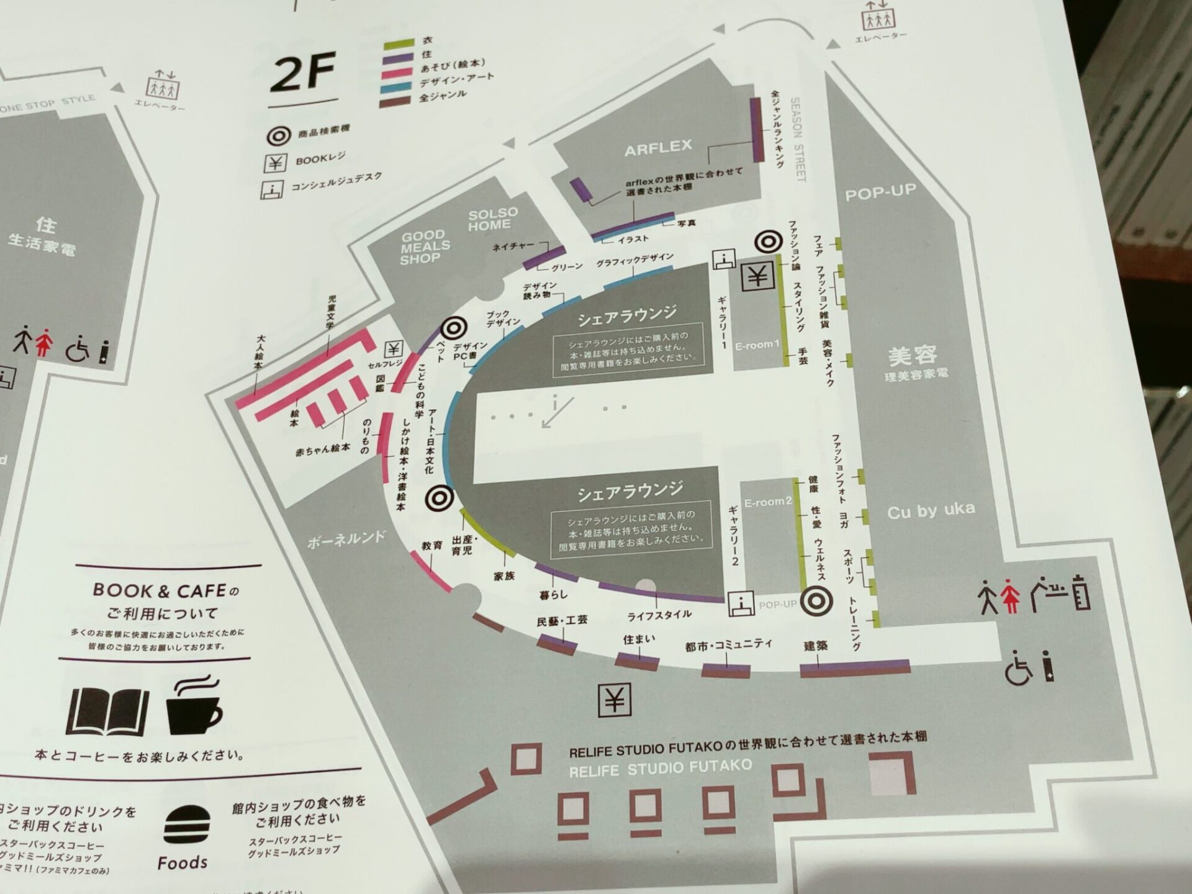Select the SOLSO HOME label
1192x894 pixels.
tap(492, 219)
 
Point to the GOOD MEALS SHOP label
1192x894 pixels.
tap(425, 247)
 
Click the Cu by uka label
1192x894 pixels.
tap(931, 510)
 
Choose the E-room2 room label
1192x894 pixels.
tap(768, 502)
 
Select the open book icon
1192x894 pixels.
tap(107, 711)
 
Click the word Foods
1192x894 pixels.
tap(182, 863)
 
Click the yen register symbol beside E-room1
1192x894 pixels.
tap(757, 276)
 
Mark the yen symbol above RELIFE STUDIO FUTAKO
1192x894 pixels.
tap(614, 700)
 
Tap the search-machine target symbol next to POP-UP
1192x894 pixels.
tap(817, 600)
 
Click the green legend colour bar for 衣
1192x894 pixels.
tap(399, 43)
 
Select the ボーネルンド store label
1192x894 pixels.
tap(346, 539)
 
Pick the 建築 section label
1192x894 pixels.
tap(815, 646)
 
